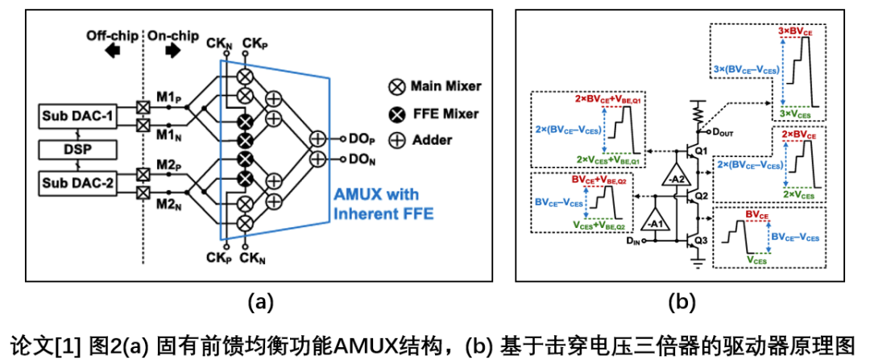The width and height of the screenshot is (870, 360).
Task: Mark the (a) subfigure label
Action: click(260, 303)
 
